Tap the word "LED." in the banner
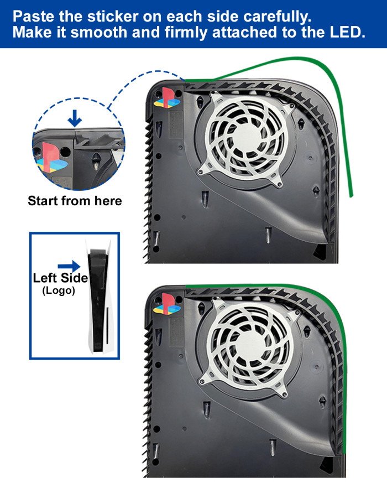tap(348, 32)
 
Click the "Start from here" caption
tap(75, 201)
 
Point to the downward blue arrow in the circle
tap(75, 118)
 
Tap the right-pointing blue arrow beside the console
tap(69, 266)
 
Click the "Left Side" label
tap(60, 278)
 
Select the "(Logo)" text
tap(59, 290)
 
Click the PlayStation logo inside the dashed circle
tap(51, 158)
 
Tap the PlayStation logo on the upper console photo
tap(168, 98)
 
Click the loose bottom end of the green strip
tap(352, 195)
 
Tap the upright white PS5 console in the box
tap(99, 296)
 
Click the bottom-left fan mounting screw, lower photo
tap(202, 380)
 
